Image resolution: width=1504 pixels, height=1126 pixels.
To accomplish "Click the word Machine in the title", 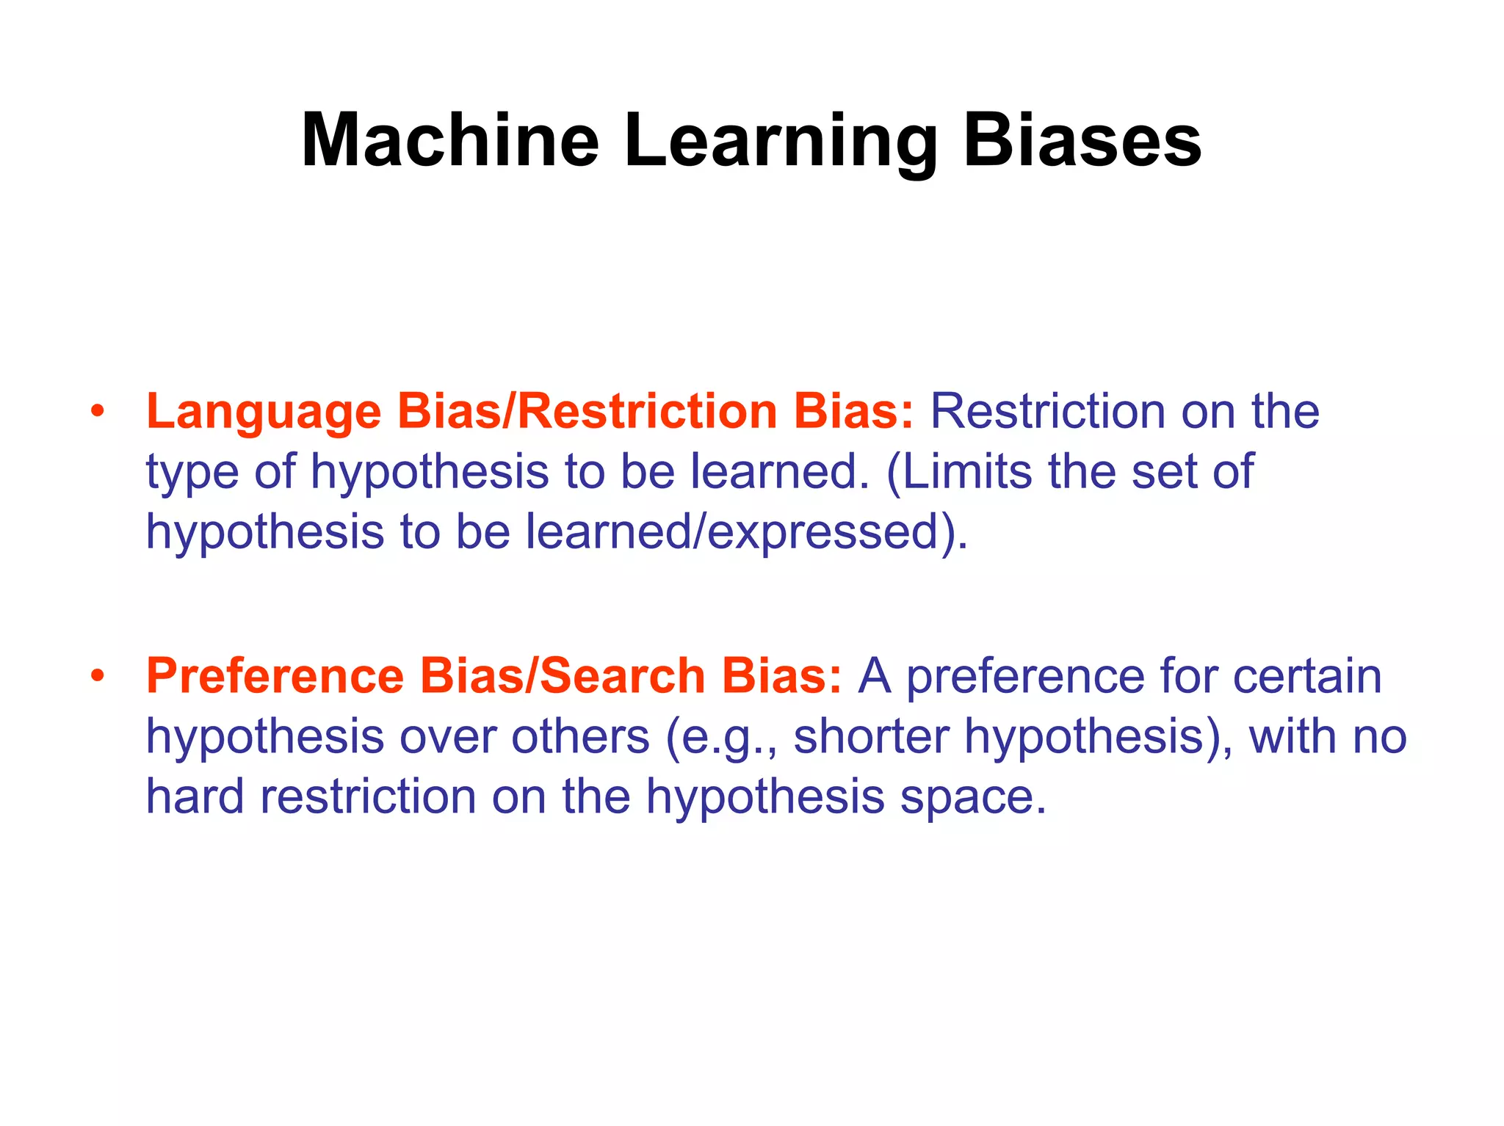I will pos(449,141).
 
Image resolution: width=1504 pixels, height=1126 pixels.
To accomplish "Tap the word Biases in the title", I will pos(1082,141).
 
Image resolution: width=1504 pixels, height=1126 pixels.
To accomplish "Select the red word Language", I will pos(264,412).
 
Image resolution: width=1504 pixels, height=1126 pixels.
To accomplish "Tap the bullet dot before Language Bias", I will pos(98,412).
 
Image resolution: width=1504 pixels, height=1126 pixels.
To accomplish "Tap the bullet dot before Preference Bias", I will pos(98,676).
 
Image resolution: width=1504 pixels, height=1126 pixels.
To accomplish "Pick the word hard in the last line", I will pos(195,796).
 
